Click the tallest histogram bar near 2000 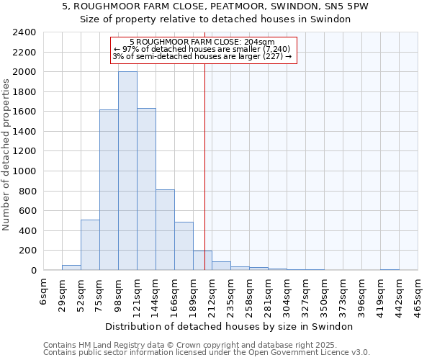(x=127, y=171)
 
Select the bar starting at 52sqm (x=90, y=245)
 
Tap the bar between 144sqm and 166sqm (x=165, y=230)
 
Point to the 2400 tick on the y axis (x=24, y=33)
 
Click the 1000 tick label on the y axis (x=24, y=171)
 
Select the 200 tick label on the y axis (x=27, y=251)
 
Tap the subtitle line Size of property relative (x=215, y=19)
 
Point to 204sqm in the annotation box (x=261, y=42)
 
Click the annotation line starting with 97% (x=202, y=49)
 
